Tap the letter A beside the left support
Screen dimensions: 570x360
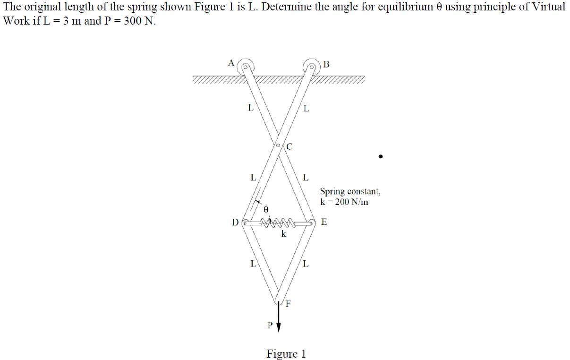(231, 62)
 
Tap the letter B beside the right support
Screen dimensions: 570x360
(327, 64)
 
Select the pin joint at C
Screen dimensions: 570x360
(279, 145)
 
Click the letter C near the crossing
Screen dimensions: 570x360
(289, 146)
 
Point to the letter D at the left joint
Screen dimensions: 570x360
(235, 223)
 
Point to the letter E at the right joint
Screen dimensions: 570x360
(323, 222)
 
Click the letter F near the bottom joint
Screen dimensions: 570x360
(288, 304)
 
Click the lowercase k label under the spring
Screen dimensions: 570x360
(283, 234)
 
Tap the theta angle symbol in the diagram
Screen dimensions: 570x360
(266, 208)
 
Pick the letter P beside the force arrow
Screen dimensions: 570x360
(270, 325)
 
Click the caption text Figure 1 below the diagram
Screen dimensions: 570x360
(286, 354)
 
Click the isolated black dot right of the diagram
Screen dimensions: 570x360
(380, 156)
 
